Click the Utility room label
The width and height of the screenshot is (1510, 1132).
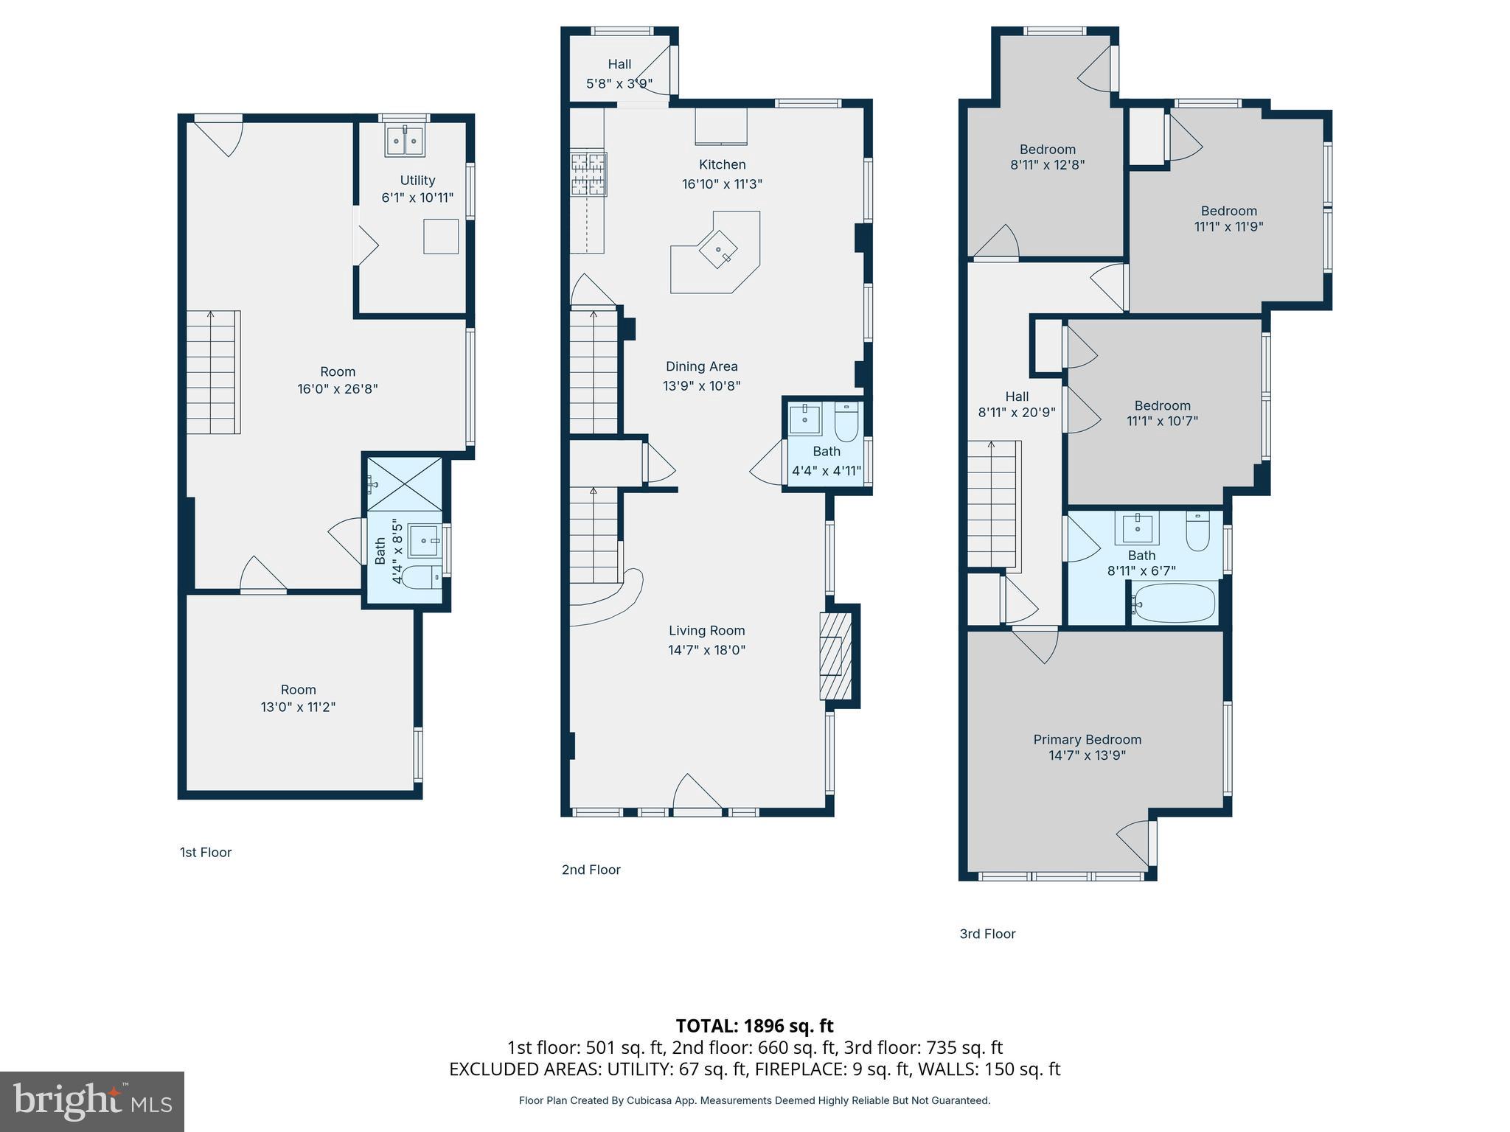point(417,180)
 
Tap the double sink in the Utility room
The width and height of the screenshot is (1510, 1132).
point(405,141)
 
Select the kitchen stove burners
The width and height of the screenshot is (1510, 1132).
point(588,174)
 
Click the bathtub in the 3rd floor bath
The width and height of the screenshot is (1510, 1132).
point(1175,604)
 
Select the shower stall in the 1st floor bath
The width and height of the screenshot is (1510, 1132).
point(404,484)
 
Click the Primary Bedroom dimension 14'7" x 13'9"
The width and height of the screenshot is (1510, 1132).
point(1087,755)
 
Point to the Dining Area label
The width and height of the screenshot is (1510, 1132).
point(701,366)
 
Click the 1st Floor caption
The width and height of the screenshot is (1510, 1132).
point(206,853)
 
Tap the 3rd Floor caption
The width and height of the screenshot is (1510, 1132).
point(987,934)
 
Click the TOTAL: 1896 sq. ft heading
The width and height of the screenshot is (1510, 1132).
point(754,1026)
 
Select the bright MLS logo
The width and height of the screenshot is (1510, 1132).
point(92,1102)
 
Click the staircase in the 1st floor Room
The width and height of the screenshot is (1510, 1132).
point(213,372)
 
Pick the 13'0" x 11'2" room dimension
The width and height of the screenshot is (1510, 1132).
point(298,707)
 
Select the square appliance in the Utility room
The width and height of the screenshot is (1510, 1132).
point(441,237)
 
